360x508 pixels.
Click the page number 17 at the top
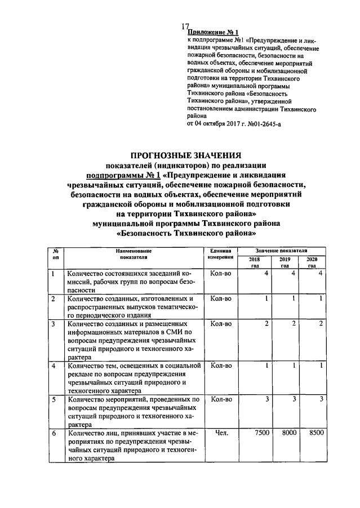pyautogui.click(x=186, y=26)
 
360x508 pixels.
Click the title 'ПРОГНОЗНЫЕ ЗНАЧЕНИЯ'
pyautogui.click(x=186, y=155)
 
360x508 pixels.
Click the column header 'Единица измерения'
pyautogui.click(x=221, y=253)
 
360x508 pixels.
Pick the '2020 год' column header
pyautogui.click(x=312, y=262)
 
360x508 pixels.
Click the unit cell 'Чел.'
pyautogui.click(x=221, y=434)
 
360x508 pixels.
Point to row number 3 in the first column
pyautogui.click(x=53, y=324)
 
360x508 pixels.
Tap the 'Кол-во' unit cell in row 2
pyautogui.click(x=221, y=298)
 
